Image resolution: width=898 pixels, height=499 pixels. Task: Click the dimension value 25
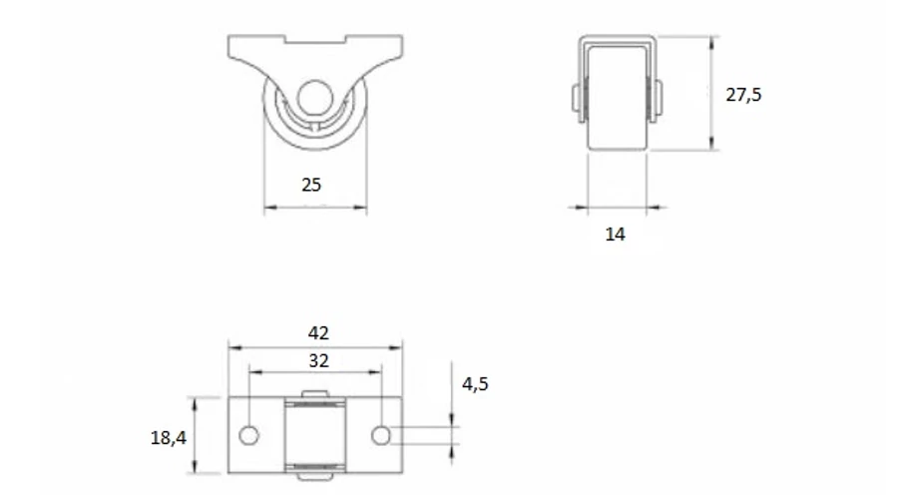click(x=311, y=185)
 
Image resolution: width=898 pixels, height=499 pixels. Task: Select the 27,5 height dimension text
click(x=743, y=95)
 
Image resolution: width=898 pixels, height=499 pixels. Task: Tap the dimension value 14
click(x=615, y=234)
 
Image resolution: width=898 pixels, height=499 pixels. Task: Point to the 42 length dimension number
click(x=318, y=333)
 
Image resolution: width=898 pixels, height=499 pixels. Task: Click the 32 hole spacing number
click(x=319, y=360)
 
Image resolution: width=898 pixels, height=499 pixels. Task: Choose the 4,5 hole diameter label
click(x=475, y=384)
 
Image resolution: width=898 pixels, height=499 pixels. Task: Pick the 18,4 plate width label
click(x=168, y=438)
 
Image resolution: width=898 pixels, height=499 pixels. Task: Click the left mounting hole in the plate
click(x=248, y=435)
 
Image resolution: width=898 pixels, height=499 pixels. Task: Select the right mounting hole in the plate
click(x=381, y=435)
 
